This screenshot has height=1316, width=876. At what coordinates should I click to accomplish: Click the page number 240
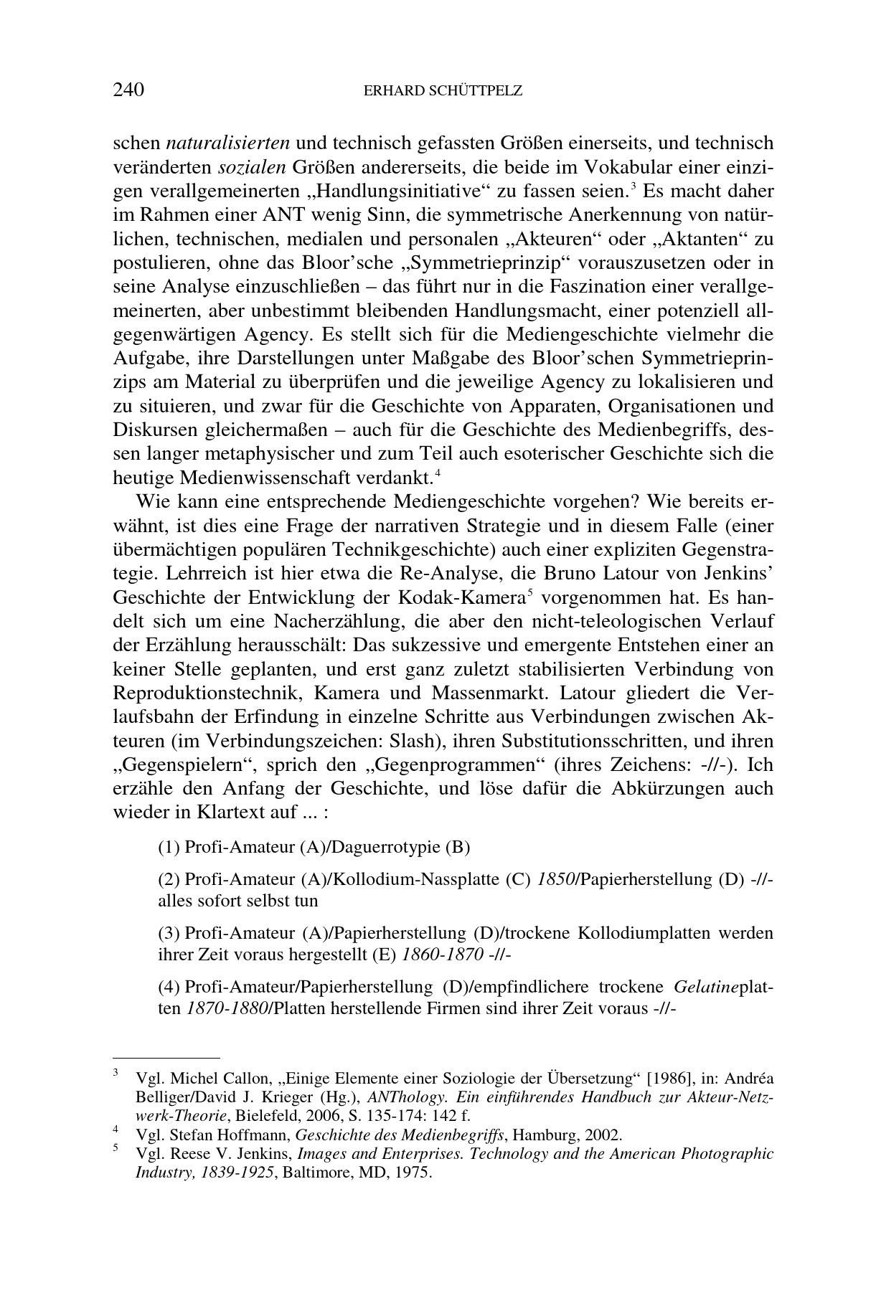click(129, 90)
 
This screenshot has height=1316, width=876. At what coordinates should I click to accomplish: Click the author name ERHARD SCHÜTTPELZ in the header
click(443, 91)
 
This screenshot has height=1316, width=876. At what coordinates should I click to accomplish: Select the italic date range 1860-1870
click(441, 955)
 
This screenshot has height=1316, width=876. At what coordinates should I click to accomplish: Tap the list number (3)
click(169, 933)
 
